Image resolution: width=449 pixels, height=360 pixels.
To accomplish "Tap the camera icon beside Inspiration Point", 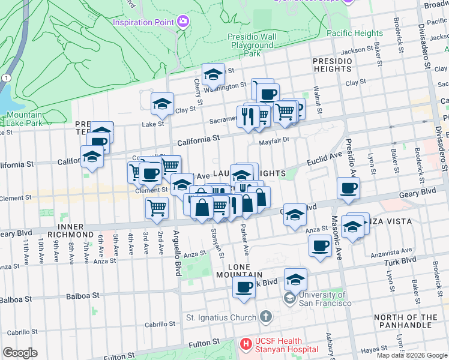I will tap(182, 22).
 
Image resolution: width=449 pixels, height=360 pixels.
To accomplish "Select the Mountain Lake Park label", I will tap(25, 119).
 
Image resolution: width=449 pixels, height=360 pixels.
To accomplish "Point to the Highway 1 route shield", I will tap(5, 78).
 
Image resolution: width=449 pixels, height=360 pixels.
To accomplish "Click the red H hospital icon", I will tap(245, 344).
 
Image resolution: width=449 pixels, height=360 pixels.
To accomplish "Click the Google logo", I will tap(20, 353).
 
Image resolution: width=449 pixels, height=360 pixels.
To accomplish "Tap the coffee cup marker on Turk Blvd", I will tap(244, 287).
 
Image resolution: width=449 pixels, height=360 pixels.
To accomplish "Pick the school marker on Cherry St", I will tap(212, 74).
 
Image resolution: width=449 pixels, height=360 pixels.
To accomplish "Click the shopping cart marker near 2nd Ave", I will tap(157, 208).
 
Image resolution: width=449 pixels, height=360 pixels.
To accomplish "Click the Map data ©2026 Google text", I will tap(411, 355).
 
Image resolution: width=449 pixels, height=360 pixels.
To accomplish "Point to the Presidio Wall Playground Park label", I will tap(252, 45).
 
